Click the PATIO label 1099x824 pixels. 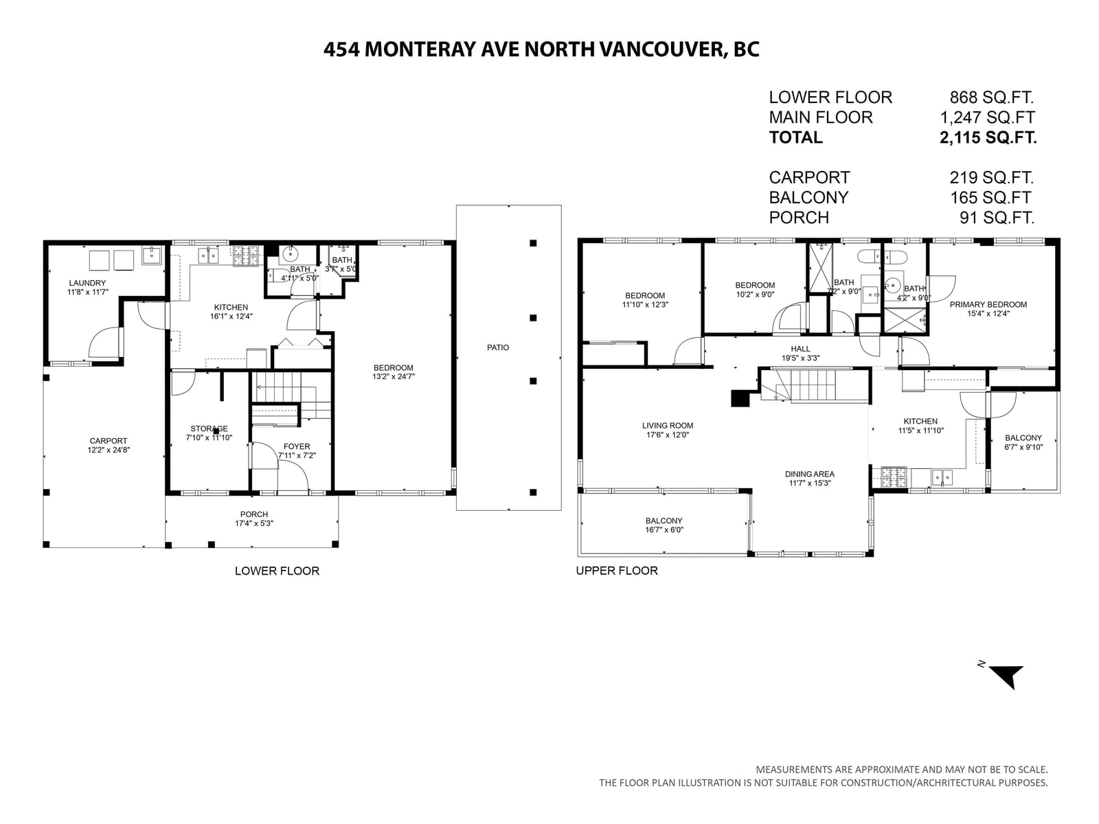pos(498,347)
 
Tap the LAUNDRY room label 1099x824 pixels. pos(88,283)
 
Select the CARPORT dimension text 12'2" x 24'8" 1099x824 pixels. pos(108,450)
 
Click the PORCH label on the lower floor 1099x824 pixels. pos(254,514)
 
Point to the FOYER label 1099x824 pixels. pos(297,446)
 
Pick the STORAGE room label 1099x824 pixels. pos(209,428)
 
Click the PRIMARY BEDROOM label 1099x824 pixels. pos(988,304)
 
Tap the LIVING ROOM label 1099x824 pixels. pos(668,426)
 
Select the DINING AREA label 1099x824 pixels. pos(810,474)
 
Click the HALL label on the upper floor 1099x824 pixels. pos(800,349)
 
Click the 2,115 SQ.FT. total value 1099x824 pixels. pos(988,137)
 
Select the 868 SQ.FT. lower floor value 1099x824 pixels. pos(991,97)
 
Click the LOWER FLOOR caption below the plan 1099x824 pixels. pos(277,571)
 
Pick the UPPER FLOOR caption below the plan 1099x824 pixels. pos(617,571)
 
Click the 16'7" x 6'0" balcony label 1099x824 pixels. pos(664,530)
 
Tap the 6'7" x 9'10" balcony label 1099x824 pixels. pos(1023,447)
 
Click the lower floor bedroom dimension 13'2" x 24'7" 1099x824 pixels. pos(393,377)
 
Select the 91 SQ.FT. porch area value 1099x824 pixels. pos(997,218)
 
